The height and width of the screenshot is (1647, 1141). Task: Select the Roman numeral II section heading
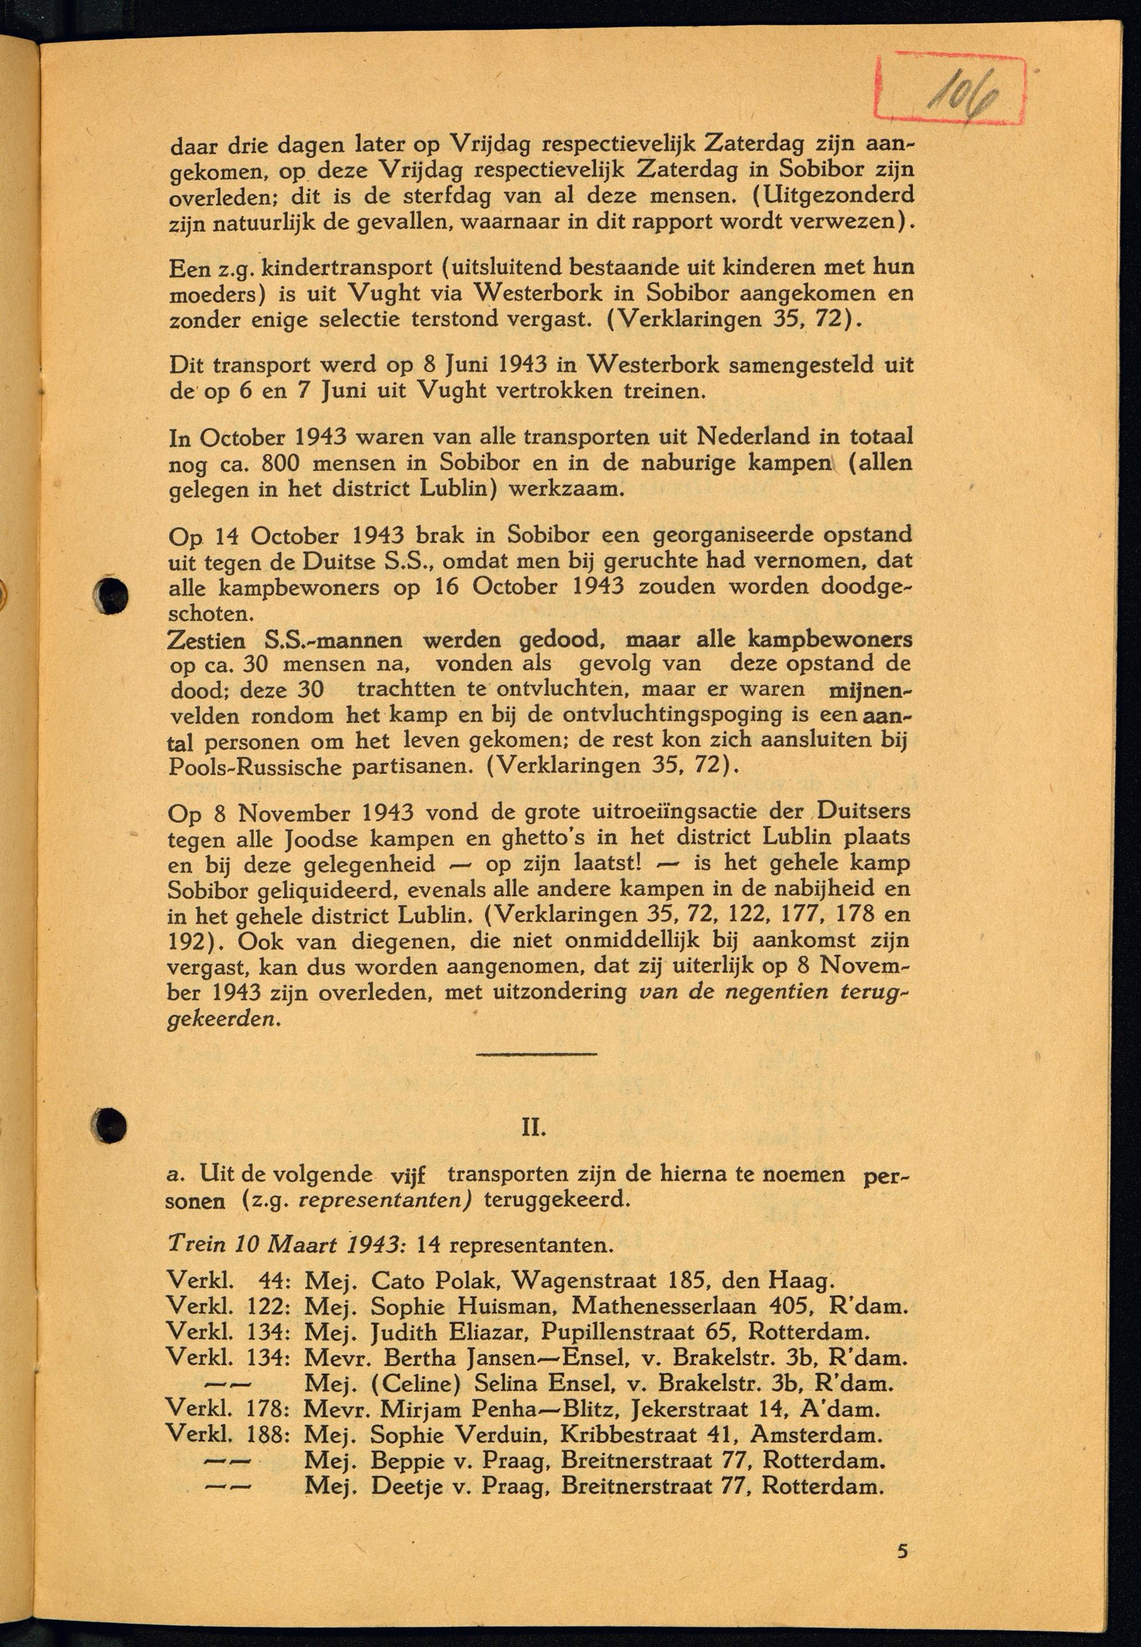534,1128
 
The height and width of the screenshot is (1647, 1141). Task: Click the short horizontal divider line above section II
536,1053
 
